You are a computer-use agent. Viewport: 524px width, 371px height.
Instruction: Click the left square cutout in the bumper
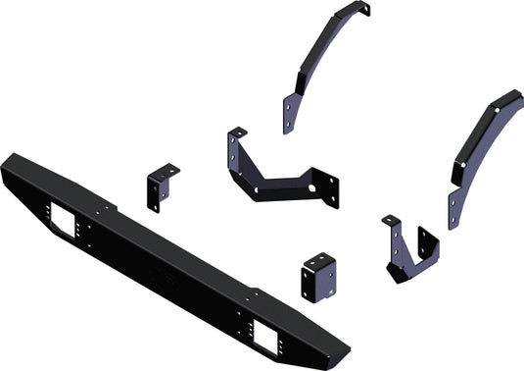66,222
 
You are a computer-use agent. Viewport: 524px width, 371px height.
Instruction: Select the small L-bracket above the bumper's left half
162,186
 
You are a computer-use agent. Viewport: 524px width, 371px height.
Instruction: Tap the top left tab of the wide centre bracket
237,132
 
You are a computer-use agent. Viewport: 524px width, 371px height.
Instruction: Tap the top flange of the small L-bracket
167,169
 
